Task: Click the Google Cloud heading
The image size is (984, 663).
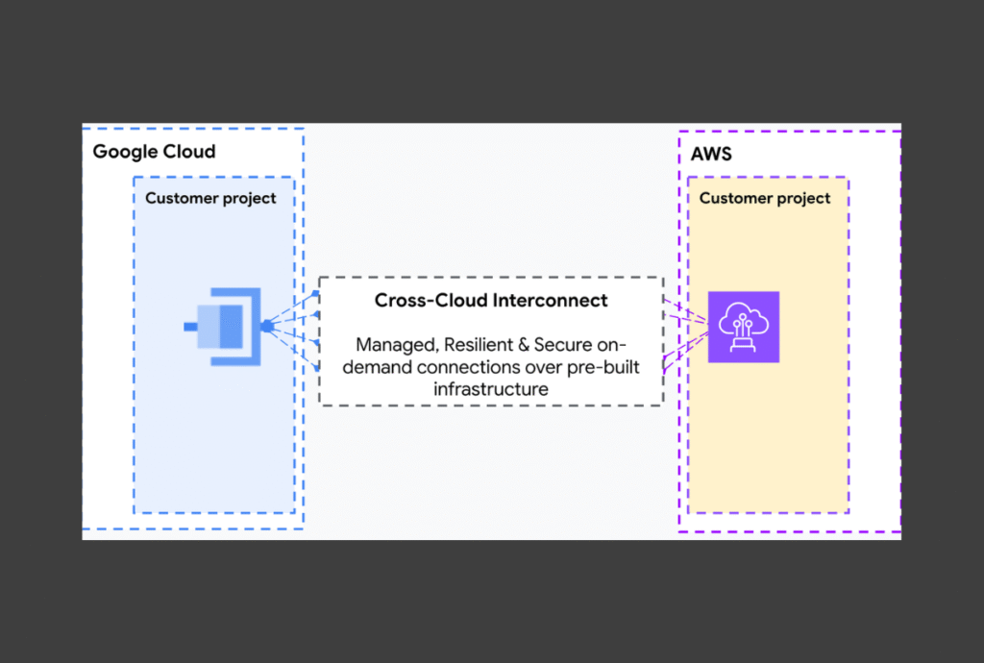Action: pyautogui.click(x=154, y=152)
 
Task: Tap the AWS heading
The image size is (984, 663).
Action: pyautogui.click(x=711, y=154)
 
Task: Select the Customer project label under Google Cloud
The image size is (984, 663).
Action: pyautogui.click(x=210, y=199)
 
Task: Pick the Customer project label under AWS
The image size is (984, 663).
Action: pyautogui.click(x=765, y=199)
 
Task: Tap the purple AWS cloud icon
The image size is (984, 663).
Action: pyautogui.click(x=743, y=327)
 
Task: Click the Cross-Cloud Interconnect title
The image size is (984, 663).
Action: pyautogui.click(x=491, y=301)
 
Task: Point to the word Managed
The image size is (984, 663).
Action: pyautogui.click(x=394, y=344)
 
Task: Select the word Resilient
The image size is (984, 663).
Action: pyautogui.click(x=479, y=344)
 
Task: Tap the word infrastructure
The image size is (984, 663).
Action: pyautogui.click(x=491, y=389)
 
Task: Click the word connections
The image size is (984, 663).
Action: pyautogui.click(x=475, y=367)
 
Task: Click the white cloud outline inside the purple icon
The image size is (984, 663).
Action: pyautogui.click(x=743, y=313)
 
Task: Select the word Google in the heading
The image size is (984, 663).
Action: pyautogui.click(x=124, y=152)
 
